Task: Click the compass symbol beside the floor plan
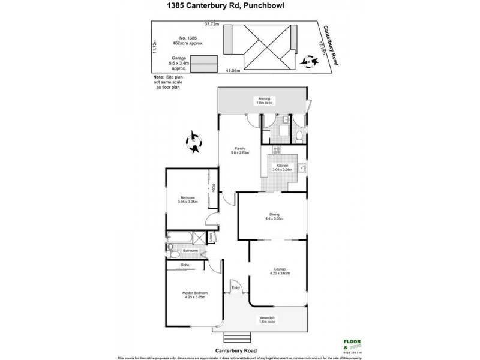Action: [194, 143]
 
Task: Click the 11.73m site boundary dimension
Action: [155, 46]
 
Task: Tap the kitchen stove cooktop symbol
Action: [277, 151]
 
